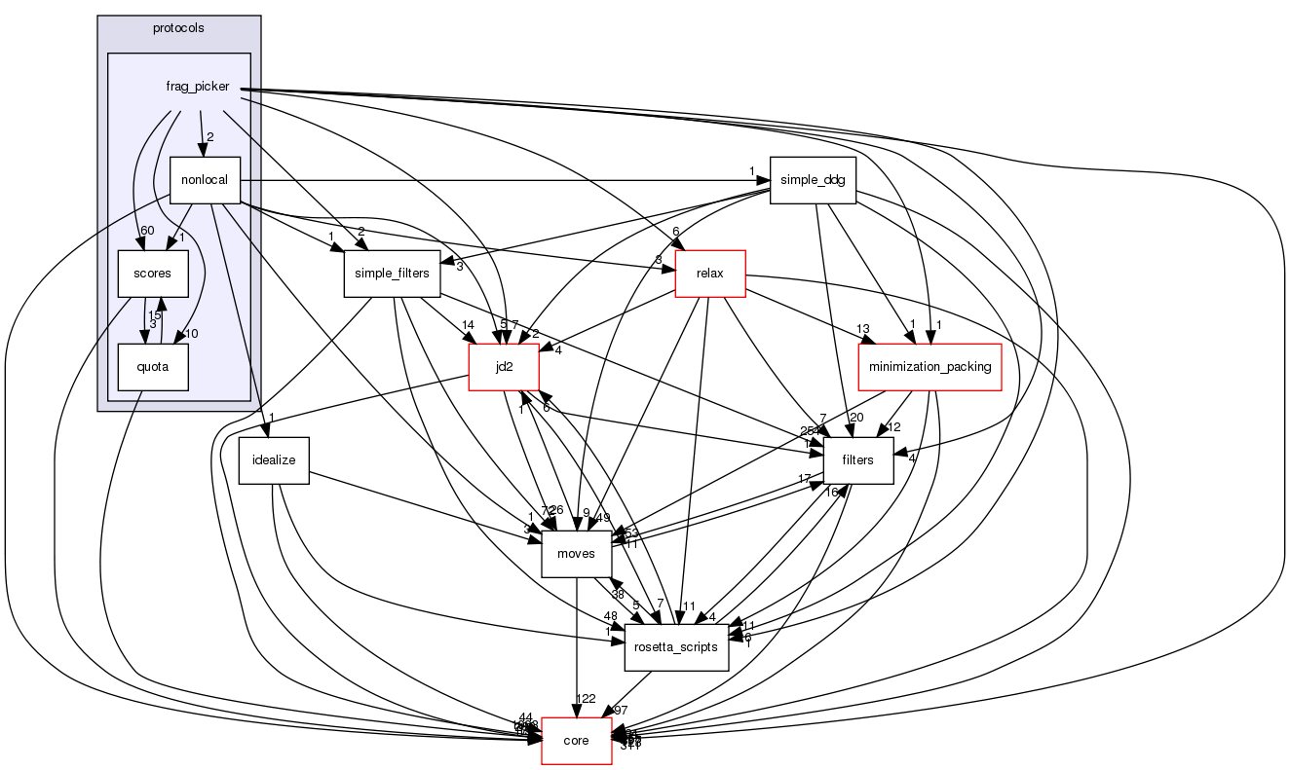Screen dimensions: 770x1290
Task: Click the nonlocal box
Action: [x=205, y=180]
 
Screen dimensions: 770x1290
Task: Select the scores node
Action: [x=153, y=274]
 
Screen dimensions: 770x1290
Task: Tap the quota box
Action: [x=153, y=367]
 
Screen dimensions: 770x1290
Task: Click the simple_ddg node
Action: [x=813, y=180]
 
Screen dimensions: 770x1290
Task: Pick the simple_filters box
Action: [x=387, y=274]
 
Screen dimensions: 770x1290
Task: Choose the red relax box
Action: [x=710, y=274]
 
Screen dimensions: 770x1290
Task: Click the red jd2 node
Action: [x=504, y=367]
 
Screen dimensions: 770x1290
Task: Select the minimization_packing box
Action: [x=930, y=367]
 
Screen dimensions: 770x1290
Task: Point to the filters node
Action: [x=859, y=460]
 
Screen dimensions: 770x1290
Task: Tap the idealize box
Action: [x=274, y=460]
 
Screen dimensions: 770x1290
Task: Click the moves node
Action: [x=576, y=554]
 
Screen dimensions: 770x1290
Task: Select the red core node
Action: [x=577, y=741]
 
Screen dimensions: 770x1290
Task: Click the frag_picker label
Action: [x=198, y=87]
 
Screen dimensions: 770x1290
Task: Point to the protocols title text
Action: [x=179, y=27]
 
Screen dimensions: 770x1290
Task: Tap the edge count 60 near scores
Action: [x=148, y=231]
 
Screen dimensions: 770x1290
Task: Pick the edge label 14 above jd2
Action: [x=469, y=325]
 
